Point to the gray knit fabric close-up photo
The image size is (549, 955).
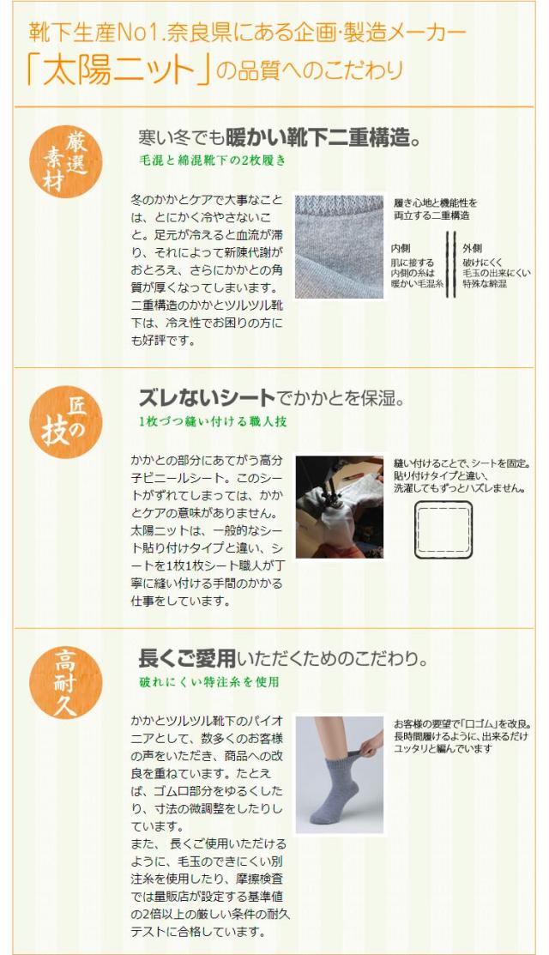tap(339, 246)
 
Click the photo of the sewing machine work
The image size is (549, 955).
tap(339, 507)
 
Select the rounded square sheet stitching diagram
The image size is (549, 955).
tap(443, 531)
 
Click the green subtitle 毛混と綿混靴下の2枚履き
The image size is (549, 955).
tap(212, 160)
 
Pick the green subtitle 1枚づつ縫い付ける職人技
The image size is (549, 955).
tap(212, 421)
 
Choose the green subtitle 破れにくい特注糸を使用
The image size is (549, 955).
tap(208, 682)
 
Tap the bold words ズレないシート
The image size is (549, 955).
tap(207, 398)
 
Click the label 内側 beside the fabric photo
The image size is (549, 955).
tap(401, 248)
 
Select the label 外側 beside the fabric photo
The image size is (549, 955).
tap(473, 248)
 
